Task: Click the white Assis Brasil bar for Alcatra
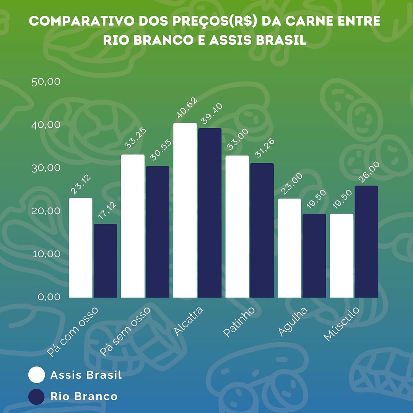[185, 210]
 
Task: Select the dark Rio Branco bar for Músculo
[366, 242]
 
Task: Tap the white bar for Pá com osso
[80, 248]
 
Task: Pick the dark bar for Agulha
[314, 255]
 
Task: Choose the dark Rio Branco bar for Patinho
[262, 230]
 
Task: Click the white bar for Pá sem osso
[133, 226]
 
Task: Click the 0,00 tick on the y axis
[49, 297]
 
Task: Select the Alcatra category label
[188, 321]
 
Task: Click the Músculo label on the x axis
[341, 324]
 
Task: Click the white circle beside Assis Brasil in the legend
[37, 375]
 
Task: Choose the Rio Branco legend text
[84, 396]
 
